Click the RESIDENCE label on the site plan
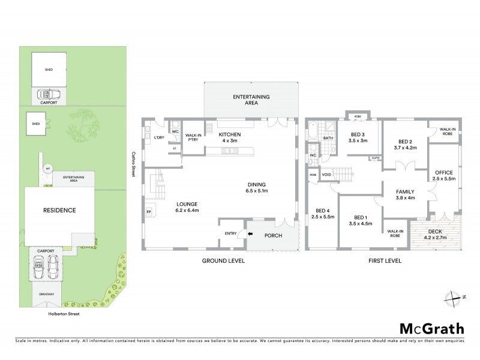pyautogui.click(x=58, y=210)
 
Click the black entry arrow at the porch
pyautogui.click(x=250, y=233)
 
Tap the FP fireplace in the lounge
pyautogui.click(x=149, y=212)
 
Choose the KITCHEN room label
pyautogui.click(x=229, y=134)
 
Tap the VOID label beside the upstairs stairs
pyautogui.click(x=326, y=175)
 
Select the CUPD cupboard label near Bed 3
pyautogui.click(x=375, y=158)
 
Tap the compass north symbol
pyautogui.click(x=456, y=296)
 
